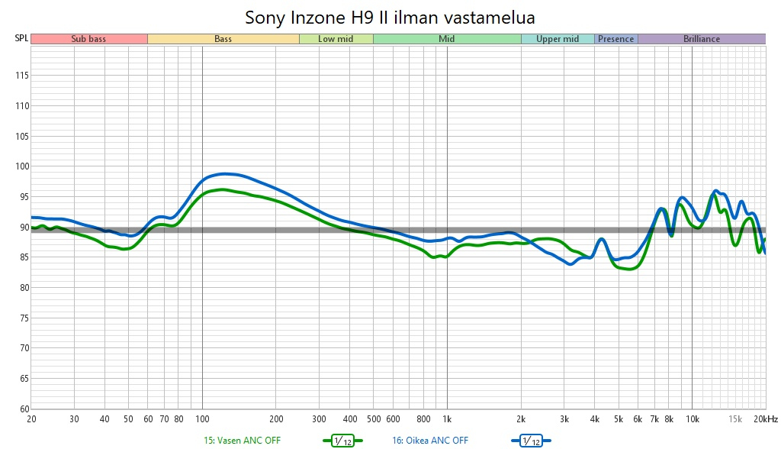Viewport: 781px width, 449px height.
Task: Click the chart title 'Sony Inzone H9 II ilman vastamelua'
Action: pos(390,16)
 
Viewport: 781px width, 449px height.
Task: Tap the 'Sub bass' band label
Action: pos(88,39)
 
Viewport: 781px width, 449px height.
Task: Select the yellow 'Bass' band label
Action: pos(223,39)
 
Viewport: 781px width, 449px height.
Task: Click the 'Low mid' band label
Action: pos(336,39)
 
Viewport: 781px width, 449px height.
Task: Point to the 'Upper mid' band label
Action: pos(558,39)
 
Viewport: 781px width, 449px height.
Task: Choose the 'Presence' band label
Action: pos(615,39)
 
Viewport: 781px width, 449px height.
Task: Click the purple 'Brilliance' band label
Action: pos(702,39)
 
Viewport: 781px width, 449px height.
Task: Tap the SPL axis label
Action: pos(21,39)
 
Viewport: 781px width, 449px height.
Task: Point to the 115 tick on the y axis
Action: pos(21,76)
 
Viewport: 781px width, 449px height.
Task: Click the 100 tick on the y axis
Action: pos(21,166)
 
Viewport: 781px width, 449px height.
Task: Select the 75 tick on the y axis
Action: pos(23,318)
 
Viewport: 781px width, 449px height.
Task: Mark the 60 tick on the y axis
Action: pos(23,409)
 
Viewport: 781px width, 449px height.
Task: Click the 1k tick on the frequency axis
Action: pos(447,419)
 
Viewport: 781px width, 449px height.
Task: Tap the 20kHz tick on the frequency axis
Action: pos(766,419)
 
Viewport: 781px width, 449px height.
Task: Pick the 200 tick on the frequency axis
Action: pos(276,419)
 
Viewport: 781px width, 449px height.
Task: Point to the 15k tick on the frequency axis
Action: pos(735,419)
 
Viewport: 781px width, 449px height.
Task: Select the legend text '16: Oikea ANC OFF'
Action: pos(430,441)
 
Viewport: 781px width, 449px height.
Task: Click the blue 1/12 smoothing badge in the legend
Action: pos(531,441)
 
